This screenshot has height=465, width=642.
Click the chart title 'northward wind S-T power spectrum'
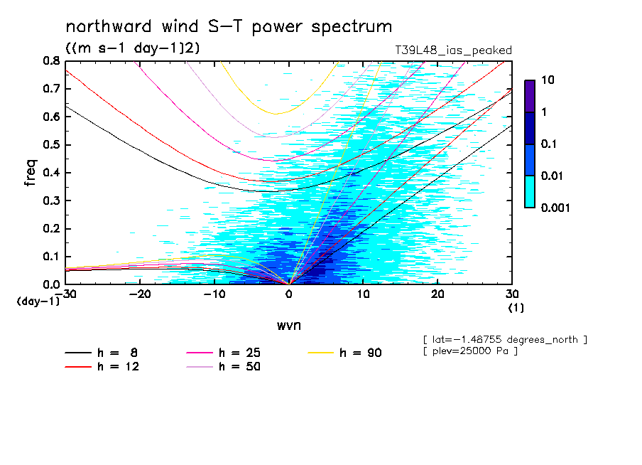click(229, 27)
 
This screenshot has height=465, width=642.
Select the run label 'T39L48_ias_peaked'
click(453, 50)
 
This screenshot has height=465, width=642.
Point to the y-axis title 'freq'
click(31, 172)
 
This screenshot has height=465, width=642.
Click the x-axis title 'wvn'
click(288, 325)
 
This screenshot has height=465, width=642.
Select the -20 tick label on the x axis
click(140, 294)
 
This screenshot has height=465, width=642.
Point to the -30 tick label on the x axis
click(65, 294)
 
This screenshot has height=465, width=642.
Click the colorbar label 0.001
click(556, 208)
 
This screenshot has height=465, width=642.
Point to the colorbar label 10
click(547, 80)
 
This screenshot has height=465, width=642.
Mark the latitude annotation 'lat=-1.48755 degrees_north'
click(504, 339)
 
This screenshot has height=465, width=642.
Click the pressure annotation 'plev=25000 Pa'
click(470, 351)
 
